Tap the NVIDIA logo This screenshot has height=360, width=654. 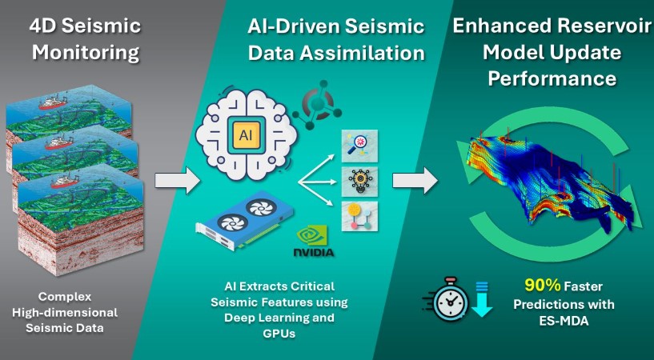pyautogui.click(x=313, y=242)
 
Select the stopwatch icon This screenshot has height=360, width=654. pyautogui.click(x=445, y=298)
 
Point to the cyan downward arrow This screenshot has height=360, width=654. pyautogui.click(x=482, y=299)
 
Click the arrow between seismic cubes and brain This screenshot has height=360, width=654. pyautogui.click(x=177, y=180)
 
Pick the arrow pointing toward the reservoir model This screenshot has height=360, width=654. pyautogui.click(x=415, y=180)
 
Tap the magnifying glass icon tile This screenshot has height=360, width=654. pyautogui.click(x=359, y=146)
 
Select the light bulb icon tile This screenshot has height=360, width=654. pyautogui.click(x=359, y=182)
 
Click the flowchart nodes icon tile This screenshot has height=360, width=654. pyautogui.click(x=359, y=216)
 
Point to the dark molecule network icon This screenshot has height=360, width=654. pyautogui.click(x=316, y=110)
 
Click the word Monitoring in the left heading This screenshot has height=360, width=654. pyautogui.click(x=86, y=53)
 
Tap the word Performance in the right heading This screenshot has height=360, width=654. pyautogui.click(x=552, y=78)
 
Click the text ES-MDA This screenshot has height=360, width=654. pyautogui.click(x=564, y=321)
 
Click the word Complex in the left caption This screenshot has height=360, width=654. pyautogui.click(x=65, y=297)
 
